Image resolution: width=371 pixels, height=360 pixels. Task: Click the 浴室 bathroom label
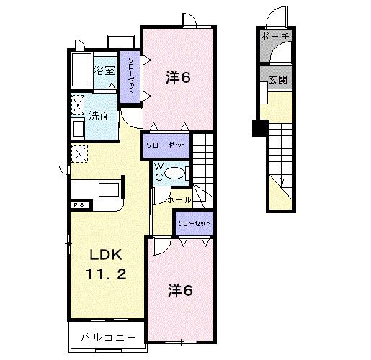(105, 71)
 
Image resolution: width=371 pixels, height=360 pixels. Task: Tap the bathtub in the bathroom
(82, 71)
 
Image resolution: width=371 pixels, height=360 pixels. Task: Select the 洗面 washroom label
(100, 115)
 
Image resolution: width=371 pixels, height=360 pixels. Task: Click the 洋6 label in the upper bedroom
(178, 77)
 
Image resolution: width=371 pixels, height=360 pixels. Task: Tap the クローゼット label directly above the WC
(166, 145)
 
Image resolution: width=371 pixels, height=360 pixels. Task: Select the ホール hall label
(179, 199)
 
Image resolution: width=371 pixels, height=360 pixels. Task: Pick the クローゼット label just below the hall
(194, 224)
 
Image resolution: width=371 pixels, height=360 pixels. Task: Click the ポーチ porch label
(275, 35)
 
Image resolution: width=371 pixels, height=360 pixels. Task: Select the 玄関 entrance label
(277, 79)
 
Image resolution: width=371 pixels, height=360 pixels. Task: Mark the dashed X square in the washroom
(79, 104)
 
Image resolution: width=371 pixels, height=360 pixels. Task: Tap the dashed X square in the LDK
(79, 153)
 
